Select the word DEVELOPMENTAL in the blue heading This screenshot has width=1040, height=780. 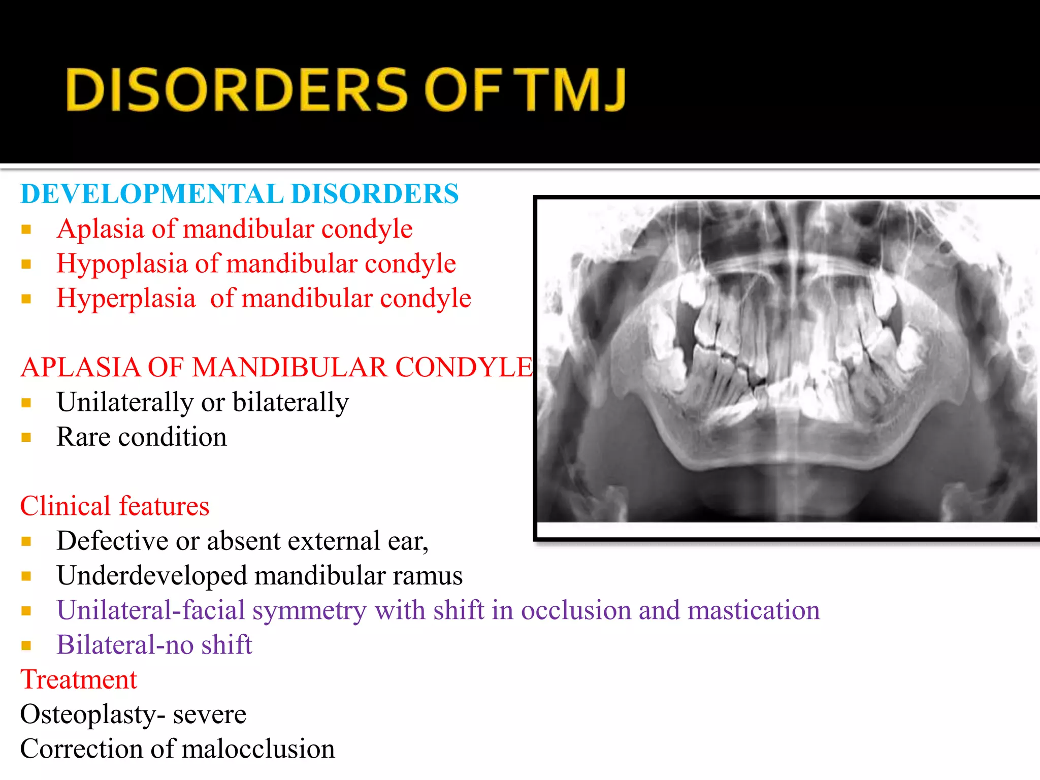click(x=152, y=194)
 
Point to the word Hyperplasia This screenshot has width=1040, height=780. click(x=126, y=299)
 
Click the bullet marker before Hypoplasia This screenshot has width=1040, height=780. click(x=26, y=265)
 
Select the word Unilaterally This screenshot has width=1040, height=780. click(x=124, y=403)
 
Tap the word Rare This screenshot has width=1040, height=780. click(x=83, y=437)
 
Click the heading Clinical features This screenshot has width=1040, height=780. click(x=115, y=506)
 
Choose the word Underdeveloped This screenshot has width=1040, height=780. click(x=152, y=576)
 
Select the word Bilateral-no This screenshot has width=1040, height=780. click(x=125, y=645)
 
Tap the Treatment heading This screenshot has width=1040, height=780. click(x=79, y=680)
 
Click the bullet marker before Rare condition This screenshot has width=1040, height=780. click(x=26, y=438)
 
